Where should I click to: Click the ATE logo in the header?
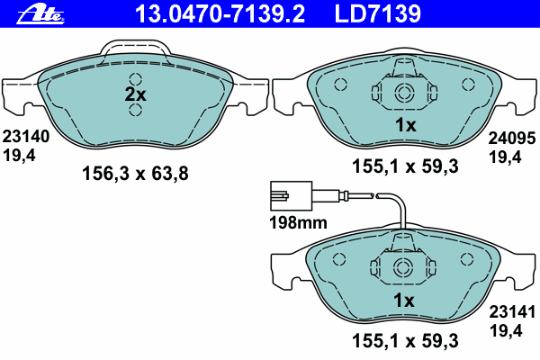click(40, 14)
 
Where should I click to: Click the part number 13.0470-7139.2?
click(220, 13)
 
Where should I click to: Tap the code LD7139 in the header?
click(377, 13)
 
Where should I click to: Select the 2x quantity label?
click(135, 94)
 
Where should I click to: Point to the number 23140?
click(26, 137)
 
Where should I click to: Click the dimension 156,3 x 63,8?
click(135, 174)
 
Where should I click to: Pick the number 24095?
click(512, 138)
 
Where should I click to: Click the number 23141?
click(512, 312)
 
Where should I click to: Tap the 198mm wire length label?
click(298, 223)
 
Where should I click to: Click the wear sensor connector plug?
click(292, 195)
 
